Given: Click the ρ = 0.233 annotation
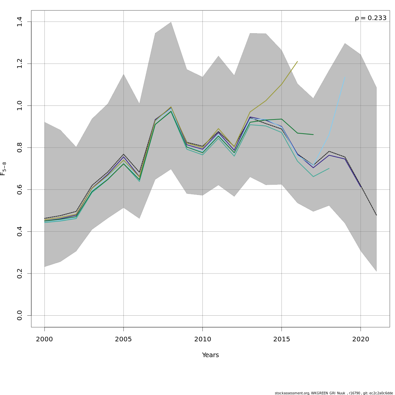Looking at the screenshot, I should pos(370,18).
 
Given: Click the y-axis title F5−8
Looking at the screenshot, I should pos(3,169).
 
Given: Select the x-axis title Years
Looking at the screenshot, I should pos(210,355).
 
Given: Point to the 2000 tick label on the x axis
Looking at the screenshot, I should pos(44,339).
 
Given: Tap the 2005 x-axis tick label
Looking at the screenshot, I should pos(123,339).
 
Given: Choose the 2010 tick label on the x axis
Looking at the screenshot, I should pos(202,339).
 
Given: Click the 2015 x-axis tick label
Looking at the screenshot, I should pos(281,339).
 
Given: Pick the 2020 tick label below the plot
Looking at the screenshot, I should pos(360,339).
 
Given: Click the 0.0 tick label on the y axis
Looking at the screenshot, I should pos(19,315).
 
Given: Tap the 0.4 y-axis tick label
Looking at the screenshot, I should pos(19,231).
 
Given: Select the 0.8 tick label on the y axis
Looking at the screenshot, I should pos(19,147).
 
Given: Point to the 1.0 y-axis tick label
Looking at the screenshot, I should pos(19,105).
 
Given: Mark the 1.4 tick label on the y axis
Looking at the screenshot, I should pos(19,22).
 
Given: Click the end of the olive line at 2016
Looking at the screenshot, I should pos(297,61).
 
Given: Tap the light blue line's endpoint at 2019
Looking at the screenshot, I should pos(345,77).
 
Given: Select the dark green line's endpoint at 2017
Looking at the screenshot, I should pos(313,134).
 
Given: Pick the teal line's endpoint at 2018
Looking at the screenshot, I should pos(329,168).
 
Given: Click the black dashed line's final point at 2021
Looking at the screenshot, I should pos(376,215).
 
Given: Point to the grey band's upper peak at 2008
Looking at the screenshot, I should pos(171,22).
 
